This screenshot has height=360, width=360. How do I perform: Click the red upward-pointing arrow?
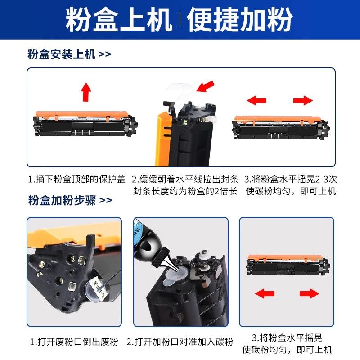click(86, 92)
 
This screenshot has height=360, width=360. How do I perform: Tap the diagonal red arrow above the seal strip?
click(206, 86)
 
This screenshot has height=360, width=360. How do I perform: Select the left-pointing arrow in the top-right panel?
click(256, 100)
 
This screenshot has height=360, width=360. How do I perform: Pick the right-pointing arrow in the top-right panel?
click(303, 100)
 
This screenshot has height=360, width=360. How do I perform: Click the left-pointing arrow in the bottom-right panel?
click(265, 293)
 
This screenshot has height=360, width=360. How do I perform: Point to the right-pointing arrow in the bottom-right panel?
click(309, 293)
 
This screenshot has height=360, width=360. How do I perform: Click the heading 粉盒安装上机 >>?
click(69, 54)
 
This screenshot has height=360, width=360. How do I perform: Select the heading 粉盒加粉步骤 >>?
click(70, 200)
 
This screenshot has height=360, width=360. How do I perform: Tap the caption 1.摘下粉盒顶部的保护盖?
click(76, 179)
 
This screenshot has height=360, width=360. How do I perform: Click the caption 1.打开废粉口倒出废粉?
click(74, 342)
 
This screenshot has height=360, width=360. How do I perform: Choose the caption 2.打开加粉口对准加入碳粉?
click(180, 342)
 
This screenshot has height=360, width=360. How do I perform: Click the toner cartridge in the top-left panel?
click(85, 124)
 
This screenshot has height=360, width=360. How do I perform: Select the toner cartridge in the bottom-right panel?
click(288, 265)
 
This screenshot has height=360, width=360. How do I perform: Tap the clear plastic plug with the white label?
click(95, 290)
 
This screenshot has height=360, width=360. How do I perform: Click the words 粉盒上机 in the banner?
click(119, 19)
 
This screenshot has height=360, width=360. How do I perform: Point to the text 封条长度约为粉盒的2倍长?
click(185, 191)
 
